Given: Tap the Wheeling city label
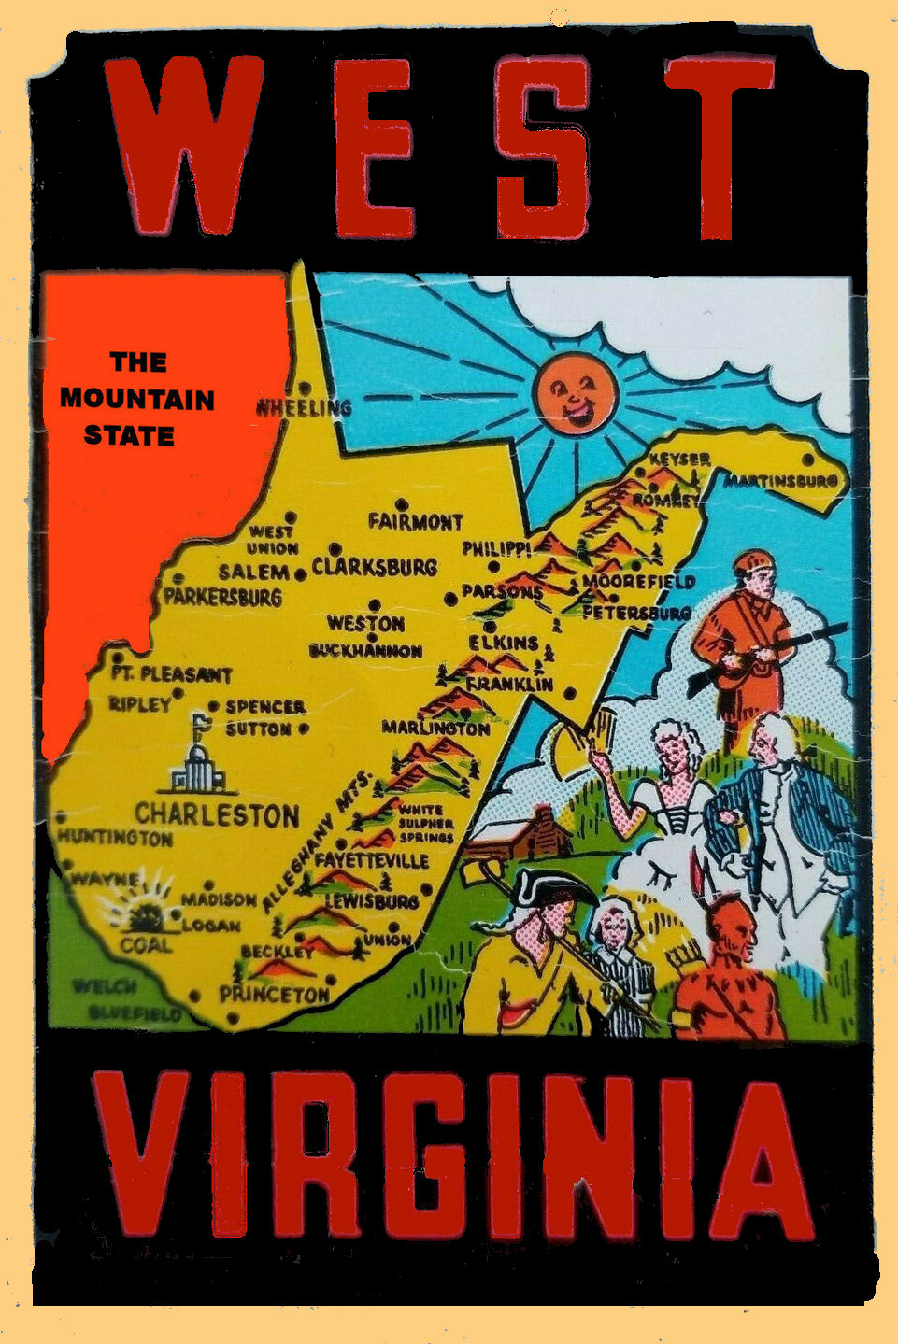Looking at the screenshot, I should coord(305,407).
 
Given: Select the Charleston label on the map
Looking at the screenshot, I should coord(217,814).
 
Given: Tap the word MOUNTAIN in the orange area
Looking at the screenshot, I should coord(137,399).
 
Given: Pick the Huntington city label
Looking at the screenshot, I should coord(116,838).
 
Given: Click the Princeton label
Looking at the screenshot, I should coord(274,995).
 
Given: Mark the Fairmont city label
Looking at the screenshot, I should coord(415,521).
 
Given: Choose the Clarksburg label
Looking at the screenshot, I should coord(374,567).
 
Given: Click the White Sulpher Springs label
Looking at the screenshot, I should coord(426,823).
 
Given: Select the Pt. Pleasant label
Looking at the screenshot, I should coord(171,674).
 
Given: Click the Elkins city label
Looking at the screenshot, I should coord(504,643).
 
